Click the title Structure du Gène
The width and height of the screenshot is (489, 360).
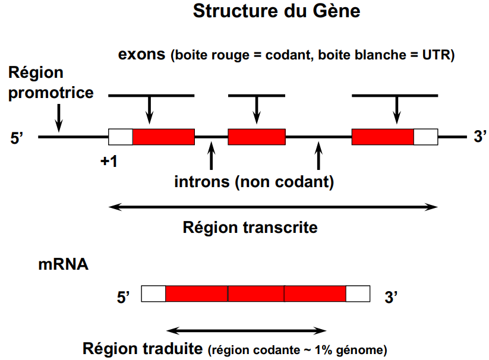276,12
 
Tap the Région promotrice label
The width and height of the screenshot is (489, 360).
51,83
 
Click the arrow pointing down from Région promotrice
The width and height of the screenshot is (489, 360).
58,118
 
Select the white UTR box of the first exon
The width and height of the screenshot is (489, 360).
120,137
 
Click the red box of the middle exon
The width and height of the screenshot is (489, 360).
257,137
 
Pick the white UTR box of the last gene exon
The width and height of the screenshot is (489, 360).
425,137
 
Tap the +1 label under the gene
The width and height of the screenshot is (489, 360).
109,162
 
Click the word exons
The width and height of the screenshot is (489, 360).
141,55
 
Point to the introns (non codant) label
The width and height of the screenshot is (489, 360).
254,182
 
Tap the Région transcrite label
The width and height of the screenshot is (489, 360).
250,227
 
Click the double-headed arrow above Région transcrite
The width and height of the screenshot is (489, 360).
274,207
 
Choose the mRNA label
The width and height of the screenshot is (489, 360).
64,265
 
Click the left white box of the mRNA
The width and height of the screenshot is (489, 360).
153,293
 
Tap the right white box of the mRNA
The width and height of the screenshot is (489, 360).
358,293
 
